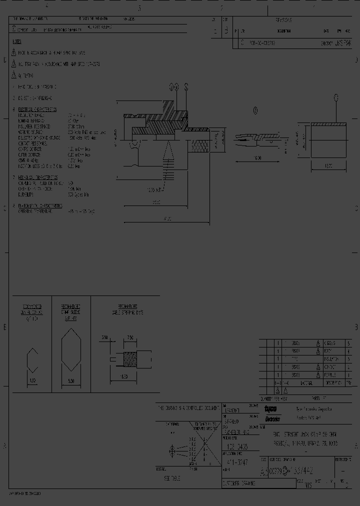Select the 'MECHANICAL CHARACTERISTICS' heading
[x=37, y=177]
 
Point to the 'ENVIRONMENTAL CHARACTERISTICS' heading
[x=40, y=205]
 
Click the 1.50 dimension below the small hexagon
[x=32, y=381]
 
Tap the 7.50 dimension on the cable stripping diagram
[x=130, y=337]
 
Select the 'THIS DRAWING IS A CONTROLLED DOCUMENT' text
[x=187, y=408]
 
